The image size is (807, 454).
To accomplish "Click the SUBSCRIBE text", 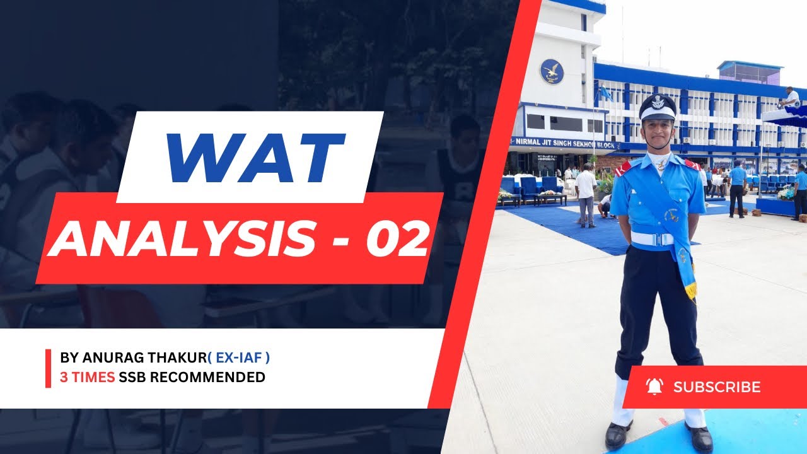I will [x=717, y=387].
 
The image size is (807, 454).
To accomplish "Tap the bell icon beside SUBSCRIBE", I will [x=654, y=387].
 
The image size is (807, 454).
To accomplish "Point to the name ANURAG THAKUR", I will [x=143, y=358].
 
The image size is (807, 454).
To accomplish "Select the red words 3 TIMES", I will [x=87, y=377].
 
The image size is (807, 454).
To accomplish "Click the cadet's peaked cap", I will [x=658, y=107].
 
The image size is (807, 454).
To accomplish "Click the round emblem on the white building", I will [x=552, y=71].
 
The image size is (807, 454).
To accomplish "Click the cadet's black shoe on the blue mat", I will [x=700, y=437].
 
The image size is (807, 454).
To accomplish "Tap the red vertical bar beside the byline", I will [x=49, y=368].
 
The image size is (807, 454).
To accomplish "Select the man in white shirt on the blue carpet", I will [x=586, y=194].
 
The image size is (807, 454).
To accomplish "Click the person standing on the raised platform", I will [x=789, y=97].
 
